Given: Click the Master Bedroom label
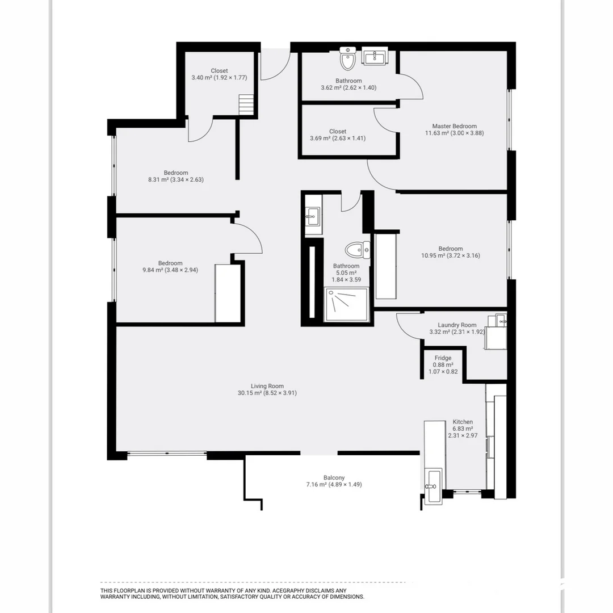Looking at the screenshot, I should (454, 127).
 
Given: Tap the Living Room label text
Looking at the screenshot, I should (267, 387).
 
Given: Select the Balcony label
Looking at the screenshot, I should (334, 478).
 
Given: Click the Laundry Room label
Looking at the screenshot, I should (457, 325).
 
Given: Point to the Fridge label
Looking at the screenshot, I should (443, 358).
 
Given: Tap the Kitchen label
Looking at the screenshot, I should (463, 422).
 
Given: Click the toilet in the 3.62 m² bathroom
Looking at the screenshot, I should (347, 59).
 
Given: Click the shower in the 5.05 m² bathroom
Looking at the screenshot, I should (346, 305).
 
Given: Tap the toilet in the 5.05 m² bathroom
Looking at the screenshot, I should (357, 249).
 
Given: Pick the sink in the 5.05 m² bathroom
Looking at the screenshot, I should (312, 215).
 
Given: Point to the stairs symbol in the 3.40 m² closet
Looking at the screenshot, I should (246, 105).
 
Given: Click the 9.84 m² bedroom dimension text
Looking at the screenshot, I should (170, 270).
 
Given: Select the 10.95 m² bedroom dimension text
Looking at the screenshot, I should (451, 255).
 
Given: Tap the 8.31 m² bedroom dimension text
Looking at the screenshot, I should (176, 179).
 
